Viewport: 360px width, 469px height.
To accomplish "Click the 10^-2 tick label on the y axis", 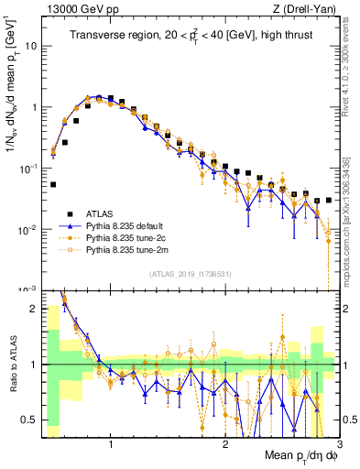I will click(27, 229).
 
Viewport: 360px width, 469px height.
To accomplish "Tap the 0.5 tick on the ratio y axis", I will click(30, 420).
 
